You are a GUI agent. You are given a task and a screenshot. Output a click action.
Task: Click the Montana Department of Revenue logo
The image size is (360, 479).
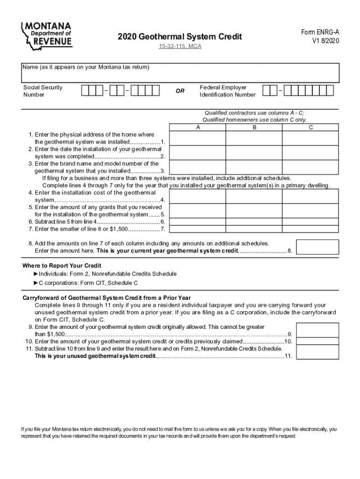47,35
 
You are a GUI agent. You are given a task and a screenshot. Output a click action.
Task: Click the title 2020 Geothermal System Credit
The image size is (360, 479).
180,36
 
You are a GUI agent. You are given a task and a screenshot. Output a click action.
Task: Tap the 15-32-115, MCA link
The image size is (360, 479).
180,47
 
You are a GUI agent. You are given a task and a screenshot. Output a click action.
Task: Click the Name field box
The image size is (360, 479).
180,73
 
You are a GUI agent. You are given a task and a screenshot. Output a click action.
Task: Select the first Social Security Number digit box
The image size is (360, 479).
85,91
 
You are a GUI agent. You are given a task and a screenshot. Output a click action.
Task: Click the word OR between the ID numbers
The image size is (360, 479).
180,91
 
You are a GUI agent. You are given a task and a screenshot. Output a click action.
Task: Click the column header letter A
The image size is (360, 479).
198,127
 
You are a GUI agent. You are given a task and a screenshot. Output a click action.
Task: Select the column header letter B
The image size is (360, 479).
254,127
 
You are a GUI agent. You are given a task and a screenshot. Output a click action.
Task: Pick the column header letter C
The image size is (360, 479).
311,127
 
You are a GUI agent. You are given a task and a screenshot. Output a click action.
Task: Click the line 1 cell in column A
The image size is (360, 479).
198,138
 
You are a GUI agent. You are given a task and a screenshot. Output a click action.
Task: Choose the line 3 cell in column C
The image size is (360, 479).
311,167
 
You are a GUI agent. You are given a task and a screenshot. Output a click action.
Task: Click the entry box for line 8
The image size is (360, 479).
318,247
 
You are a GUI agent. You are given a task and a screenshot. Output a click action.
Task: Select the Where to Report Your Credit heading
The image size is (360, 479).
62,266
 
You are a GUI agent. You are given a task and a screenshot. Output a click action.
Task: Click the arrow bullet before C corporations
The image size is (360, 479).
36,283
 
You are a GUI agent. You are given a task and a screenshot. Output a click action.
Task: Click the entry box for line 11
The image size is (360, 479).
318,353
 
